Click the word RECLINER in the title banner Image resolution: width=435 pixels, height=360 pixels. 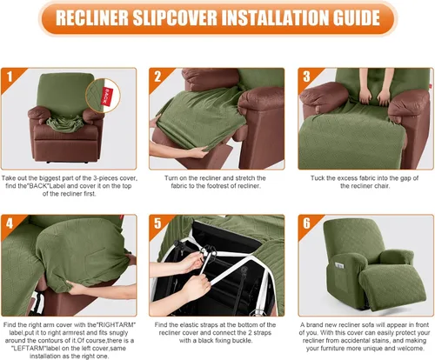pyautogui.click(x=92, y=18)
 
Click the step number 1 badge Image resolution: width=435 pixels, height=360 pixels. pyautogui.click(x=10, y=77)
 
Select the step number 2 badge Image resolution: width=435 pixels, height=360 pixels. pyautogui.click(x=157, y=77)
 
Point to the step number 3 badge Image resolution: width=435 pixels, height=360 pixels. pyautogui.click(x=306, y=77)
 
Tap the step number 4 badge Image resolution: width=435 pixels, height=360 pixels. pyautogui.click(x=10, y=223)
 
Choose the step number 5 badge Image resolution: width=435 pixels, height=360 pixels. pyautogui.click(x=157, y=223)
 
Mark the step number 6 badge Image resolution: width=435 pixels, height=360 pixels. pyautogui.click(x=306, y=223)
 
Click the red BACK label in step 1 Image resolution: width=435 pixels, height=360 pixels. pyautogui.click(x=107, y=97)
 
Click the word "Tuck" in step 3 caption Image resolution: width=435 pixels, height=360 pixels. pyautogui.click(x=318, y=178)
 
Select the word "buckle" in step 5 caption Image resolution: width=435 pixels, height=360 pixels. pyautogui.click(x=243, y=341)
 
